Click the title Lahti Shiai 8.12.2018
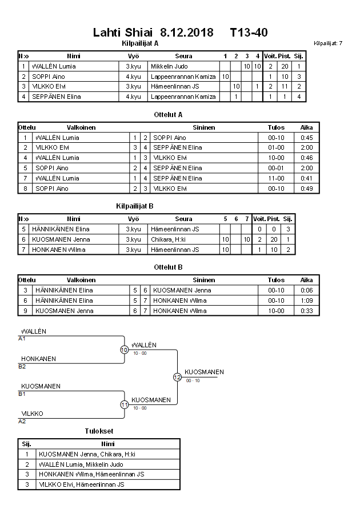tap(153, 32)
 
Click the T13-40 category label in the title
tap(249, 32)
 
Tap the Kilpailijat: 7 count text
tap(328, 43)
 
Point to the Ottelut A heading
tap(168, 114)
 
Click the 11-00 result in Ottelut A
tap(276, 178)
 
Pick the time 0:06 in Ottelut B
tap(307, 290)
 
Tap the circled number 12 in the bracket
tap(177, 377)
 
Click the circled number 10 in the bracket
tap(124, 350)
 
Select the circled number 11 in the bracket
tap(124, 404)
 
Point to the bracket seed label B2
tap(22, 366)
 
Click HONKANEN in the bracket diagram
tap(38, 359)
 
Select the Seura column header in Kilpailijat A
tap(183, 56)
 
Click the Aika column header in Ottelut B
tap(307, 280)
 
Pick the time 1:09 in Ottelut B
tap(307, 300)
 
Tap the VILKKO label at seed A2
tap(32, 414)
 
